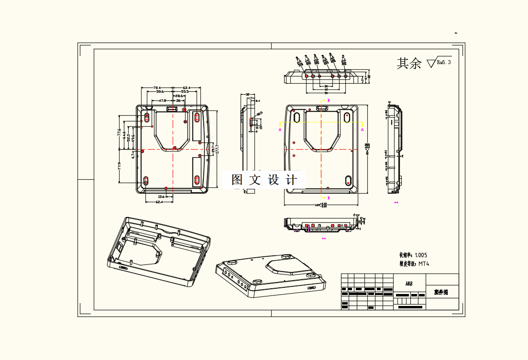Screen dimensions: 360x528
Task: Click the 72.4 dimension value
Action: tap(157, 87)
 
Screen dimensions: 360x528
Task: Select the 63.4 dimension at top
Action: tap(187, 87)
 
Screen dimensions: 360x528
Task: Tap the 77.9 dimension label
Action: tap(119, 166)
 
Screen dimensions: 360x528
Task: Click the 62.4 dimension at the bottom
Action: tap(159, 202)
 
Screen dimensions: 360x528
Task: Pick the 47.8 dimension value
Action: tap(162, 101)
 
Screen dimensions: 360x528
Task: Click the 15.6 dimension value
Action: tap(161, 196)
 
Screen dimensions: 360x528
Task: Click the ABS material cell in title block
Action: tap(409, 284)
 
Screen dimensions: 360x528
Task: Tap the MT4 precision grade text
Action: tap(424, 263)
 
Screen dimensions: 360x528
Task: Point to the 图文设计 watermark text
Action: tap(264, 180)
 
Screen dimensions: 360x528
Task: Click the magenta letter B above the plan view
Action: tap(328, 100)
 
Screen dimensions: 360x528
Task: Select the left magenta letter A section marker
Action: tap(280, 129)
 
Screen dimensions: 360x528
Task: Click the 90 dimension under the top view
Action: tap(326, 90)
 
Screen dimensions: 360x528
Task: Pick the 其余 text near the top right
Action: tap(409, 63)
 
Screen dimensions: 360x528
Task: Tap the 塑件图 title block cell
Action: tap(441, 292)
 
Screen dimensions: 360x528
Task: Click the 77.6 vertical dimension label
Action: tap(119, 132)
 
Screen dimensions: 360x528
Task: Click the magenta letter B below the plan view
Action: tap(328, 197)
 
